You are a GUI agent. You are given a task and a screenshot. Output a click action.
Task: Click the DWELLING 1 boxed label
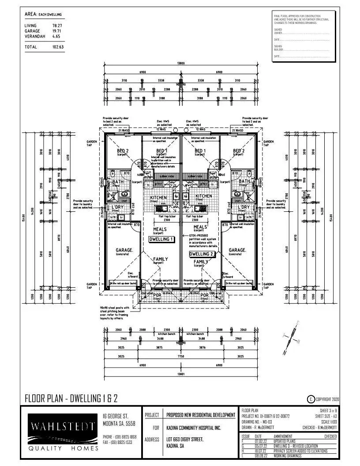(x=161, y=239)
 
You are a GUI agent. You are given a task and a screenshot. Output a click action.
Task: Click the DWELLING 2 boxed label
(x=201, y=254)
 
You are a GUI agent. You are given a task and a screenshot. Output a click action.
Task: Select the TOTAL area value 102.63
(x=58, y=47)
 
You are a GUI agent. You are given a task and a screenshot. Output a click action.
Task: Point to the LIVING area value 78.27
(x=57, y=26)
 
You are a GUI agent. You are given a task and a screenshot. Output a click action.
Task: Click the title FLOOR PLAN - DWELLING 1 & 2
(x=71, y=399)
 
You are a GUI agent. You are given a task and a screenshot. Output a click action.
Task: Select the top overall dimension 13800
(x=181, y=64)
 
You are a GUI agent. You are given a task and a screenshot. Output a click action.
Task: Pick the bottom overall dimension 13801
(x=181, y=374)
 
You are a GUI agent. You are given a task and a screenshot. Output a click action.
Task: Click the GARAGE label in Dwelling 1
(x=125, y=250)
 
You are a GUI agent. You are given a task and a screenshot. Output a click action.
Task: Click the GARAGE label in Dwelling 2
(x=237, y=250)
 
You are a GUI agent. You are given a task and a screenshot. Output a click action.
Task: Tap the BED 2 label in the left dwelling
(x=123, y=151)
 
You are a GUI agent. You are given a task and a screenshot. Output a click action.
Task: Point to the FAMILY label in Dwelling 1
(x=160, y=259)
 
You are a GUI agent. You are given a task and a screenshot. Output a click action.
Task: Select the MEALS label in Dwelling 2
(x=200, y=227)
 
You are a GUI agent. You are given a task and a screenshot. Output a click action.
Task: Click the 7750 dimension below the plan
(x=181, y=355)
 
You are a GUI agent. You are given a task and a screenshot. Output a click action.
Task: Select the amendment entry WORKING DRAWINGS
(x=286, y=455)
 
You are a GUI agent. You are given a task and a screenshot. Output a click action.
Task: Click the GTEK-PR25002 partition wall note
(x=201, y=237)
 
